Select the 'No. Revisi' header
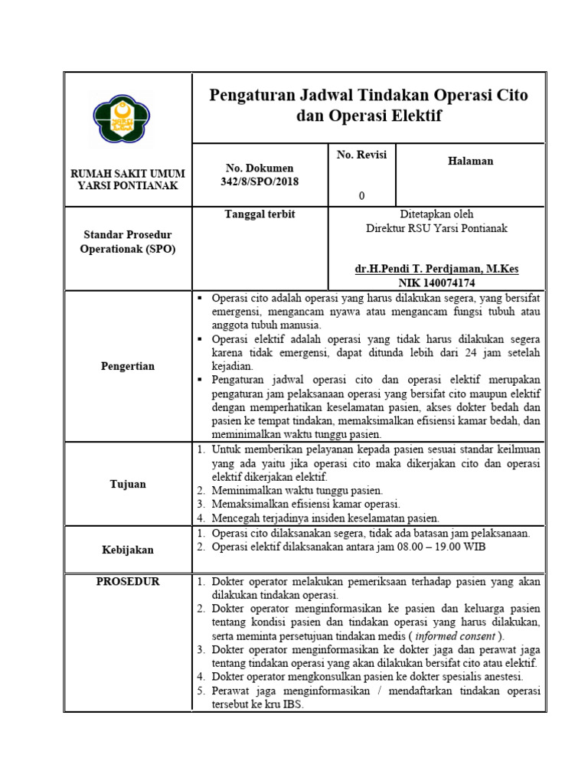point(361,155)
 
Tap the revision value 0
point(361,196)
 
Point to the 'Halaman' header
point(470,161)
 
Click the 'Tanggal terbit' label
point(260,214)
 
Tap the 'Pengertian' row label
point(127,366)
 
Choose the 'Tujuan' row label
point(127,484)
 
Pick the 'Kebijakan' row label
point(127,550)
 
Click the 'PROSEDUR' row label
point(127,582)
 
